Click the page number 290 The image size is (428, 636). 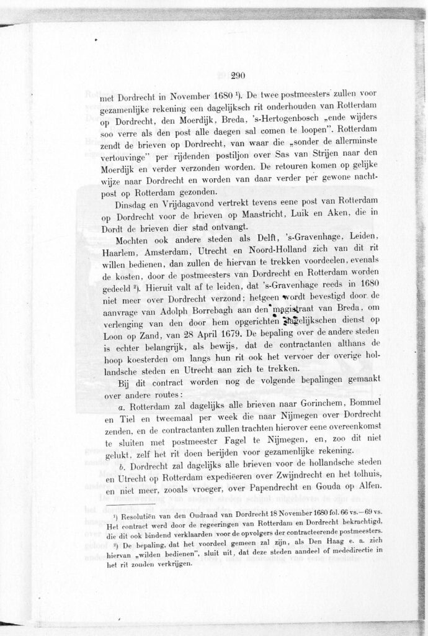(238, 76)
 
